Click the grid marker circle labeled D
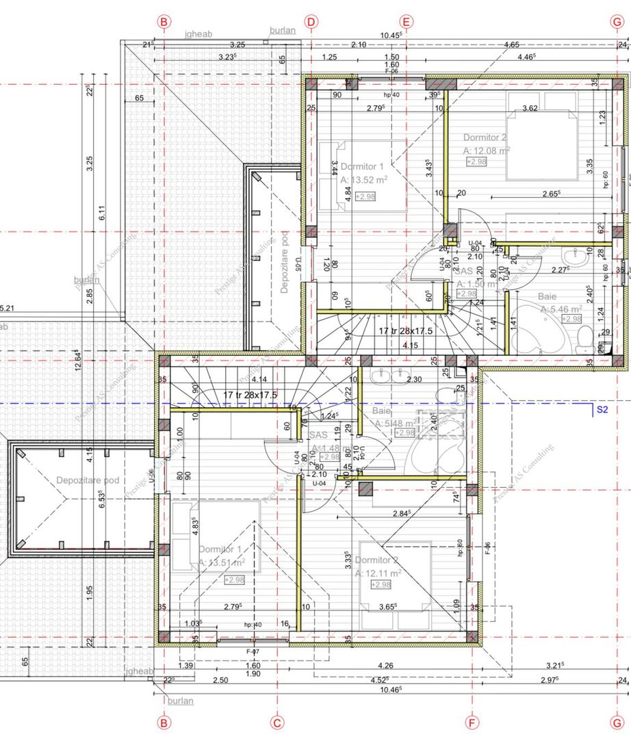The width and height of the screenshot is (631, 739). tap(311, 22)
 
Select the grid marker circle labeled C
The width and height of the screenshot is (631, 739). tap(277, 722)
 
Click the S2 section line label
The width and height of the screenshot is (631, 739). tap(602, 411)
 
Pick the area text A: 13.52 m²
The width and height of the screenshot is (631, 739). tap(364, 181)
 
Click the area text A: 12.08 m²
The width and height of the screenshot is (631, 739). tap(487, 151)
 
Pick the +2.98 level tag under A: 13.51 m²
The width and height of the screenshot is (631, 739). tap(234, 580)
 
